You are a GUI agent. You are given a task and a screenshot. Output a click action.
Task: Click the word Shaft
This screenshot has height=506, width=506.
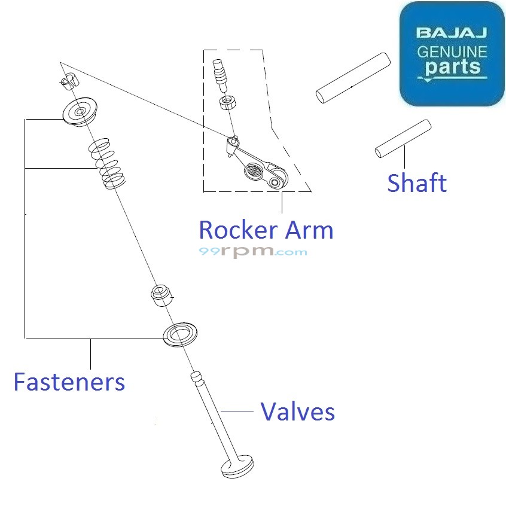coord(417,183)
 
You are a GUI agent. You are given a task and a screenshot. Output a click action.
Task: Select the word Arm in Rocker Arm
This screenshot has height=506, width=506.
coord(309,230)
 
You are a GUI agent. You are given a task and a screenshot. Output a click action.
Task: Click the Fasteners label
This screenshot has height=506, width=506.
coord(69,382)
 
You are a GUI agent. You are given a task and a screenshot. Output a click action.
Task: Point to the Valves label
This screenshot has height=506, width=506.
coord(297,411)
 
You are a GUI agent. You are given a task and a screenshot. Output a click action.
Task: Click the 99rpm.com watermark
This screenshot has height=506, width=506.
coord(252,252)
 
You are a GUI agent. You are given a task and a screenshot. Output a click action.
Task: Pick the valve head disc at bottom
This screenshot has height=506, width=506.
coord(237,467)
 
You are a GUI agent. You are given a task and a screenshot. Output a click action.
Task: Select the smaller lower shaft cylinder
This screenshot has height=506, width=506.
coord(403,139)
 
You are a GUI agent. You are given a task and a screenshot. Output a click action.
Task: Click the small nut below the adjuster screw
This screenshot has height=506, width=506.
coord(227,102)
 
